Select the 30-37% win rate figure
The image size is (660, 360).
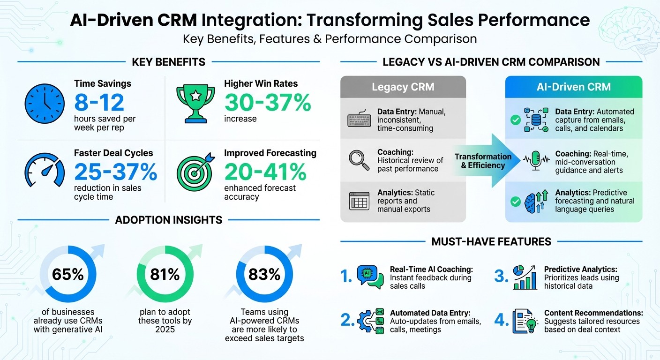tap(267, 103)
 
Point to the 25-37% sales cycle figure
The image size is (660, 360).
tap(115, 172)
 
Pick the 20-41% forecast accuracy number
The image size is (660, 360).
tap(265, 172)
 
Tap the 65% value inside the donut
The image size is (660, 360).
tap(67, 274)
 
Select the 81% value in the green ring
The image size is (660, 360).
tap(165, 274)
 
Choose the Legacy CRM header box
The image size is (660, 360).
tap(403, 87)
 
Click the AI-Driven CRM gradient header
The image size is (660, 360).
tap(574, 87)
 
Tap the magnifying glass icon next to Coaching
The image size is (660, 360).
tap(359, 160)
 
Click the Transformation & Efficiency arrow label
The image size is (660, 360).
tap(483, 161)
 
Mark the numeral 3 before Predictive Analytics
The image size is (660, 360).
tap(502, 277)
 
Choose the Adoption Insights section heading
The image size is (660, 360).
tap(169, 220)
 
